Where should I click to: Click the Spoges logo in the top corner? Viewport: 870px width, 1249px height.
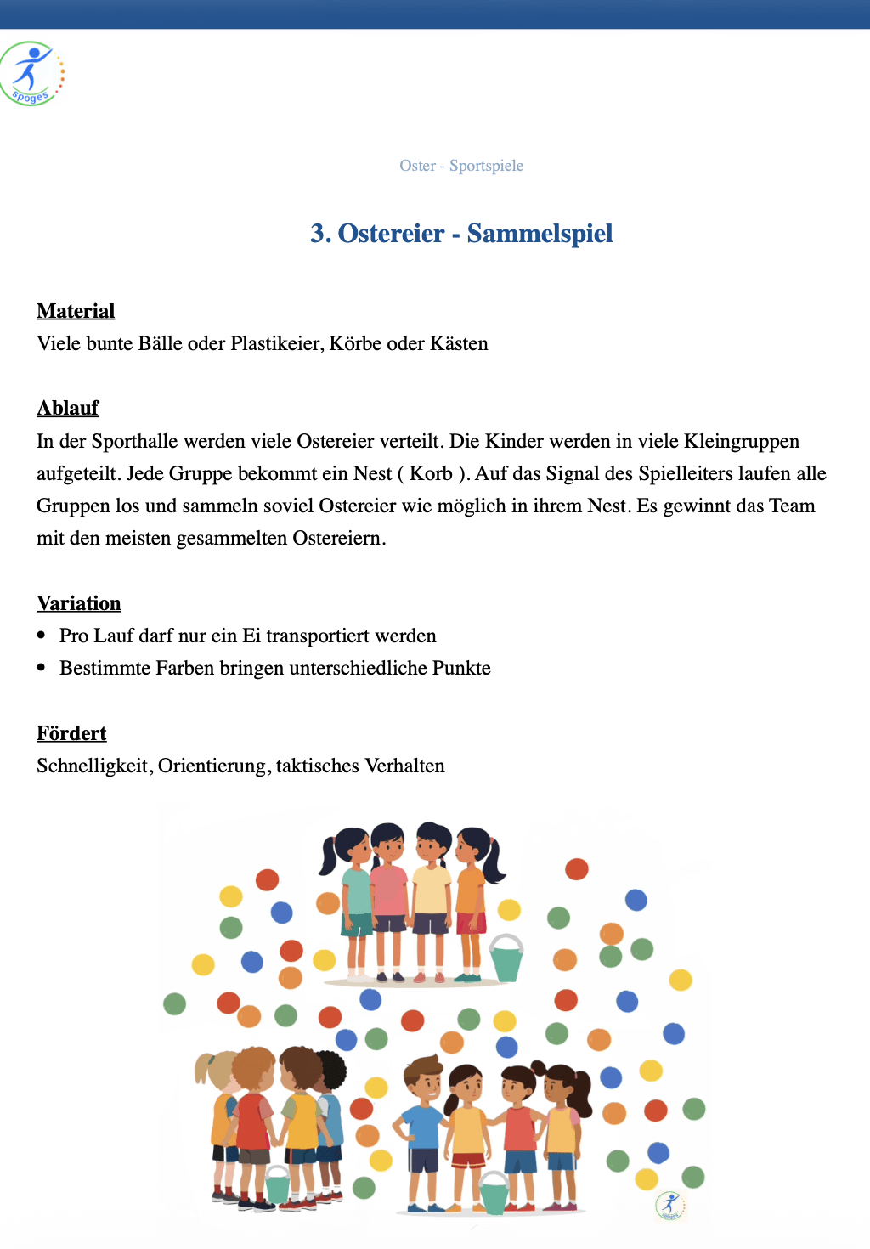(32, 74)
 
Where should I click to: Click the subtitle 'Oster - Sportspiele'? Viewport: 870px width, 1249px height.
(461, 166)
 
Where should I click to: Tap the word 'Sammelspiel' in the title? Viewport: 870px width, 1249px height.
(540, 234)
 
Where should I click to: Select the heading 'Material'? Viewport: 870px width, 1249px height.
(76, 311)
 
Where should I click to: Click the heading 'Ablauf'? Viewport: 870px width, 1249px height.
(68, 409)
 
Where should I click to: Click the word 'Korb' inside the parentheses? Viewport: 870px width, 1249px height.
(431, 474)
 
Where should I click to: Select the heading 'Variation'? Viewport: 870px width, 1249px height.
(79, 604)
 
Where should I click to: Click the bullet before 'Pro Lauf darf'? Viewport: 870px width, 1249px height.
(42, 636)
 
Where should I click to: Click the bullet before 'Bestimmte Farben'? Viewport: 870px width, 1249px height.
(42, 668)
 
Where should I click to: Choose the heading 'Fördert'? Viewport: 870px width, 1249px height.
(71, 734)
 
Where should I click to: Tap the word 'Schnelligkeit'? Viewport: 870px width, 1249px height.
(94, 766)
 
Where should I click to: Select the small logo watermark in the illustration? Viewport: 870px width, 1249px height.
(670, 1206)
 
